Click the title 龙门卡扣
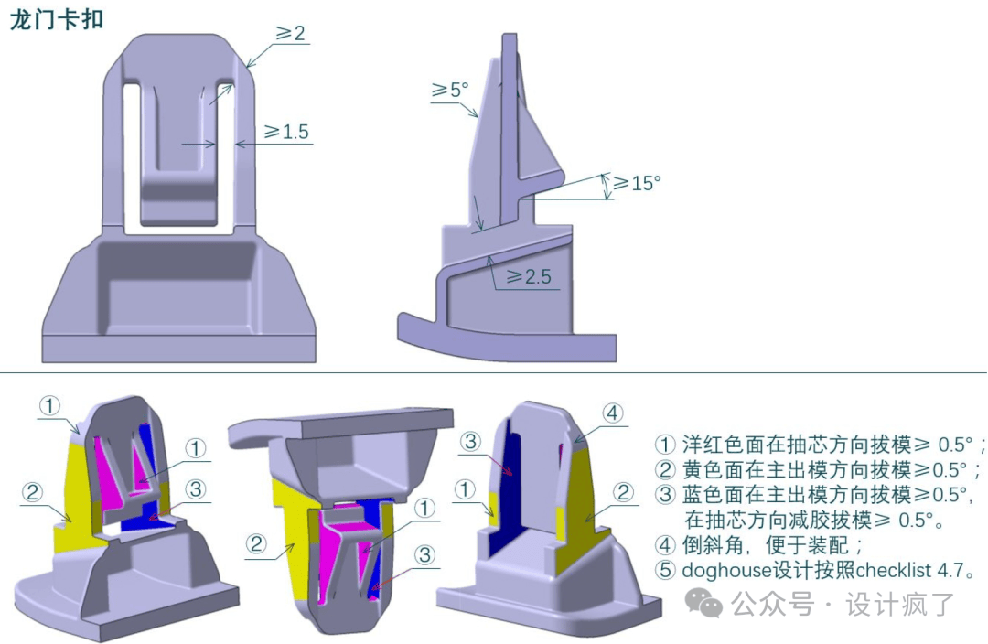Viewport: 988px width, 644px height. [56, 19]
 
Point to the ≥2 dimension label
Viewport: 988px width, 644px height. [291, 33]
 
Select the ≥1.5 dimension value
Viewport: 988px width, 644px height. [286, 132]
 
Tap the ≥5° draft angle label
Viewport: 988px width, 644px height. [449, 91]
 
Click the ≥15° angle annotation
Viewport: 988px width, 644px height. [637, 183]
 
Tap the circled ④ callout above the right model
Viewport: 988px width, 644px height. [612, 413]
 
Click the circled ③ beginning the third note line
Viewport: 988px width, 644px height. [665, 495]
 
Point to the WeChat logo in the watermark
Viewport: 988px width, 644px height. [703, 603]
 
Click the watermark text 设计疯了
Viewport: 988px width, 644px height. [900, 605]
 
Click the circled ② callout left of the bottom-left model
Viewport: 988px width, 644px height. [32, 492]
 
